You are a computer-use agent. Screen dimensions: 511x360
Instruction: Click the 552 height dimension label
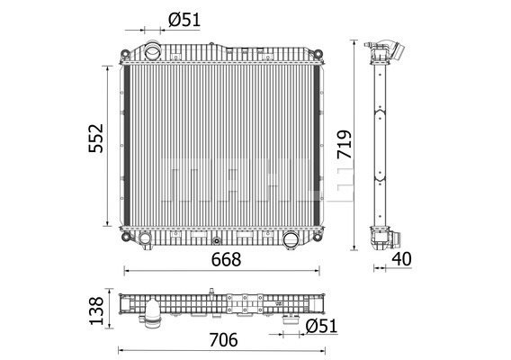[95, 139]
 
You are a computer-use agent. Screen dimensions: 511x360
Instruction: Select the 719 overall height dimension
[345, 145]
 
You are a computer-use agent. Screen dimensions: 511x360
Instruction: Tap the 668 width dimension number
[226, 259]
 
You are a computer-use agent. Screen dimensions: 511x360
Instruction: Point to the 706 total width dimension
[223, 340]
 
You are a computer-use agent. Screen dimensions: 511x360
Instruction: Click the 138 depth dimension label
[96, 310]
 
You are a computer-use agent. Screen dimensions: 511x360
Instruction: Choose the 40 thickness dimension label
[401, 259]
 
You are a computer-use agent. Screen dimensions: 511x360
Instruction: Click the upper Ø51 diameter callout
[184, 20]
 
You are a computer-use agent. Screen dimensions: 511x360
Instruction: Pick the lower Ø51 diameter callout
[322, 326]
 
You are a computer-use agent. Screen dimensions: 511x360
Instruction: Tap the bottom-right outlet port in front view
[291, 240]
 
